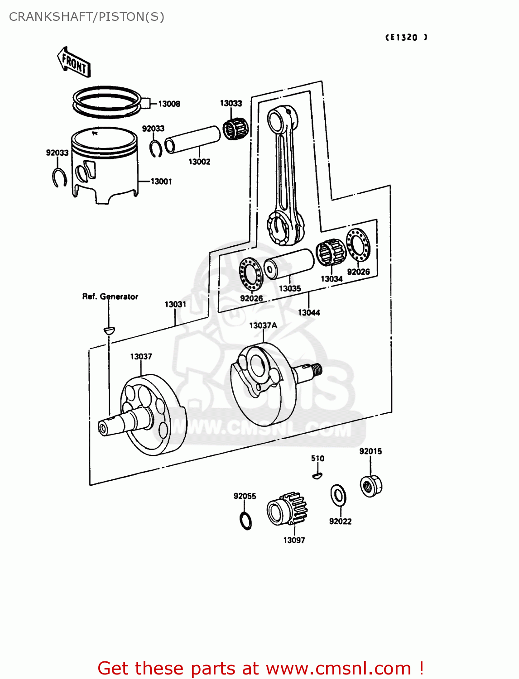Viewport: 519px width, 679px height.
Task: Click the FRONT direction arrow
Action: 74,62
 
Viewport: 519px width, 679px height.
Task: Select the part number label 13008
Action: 169,104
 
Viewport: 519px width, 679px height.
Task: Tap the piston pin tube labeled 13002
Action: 193,139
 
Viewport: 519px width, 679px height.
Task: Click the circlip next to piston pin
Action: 156,148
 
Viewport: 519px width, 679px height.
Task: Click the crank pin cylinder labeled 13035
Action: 289,264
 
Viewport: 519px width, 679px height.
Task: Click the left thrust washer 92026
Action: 250,274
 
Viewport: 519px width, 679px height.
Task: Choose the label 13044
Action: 309,313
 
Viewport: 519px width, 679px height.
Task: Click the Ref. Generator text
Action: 110,297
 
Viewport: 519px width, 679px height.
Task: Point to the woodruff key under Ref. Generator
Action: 109,330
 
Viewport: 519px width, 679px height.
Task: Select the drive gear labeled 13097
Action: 287,509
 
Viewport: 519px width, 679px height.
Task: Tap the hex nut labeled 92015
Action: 371,486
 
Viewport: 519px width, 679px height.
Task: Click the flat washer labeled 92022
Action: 338,495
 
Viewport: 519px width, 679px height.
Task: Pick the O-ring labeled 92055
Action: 245,521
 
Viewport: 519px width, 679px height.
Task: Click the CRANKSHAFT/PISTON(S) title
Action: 86,17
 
